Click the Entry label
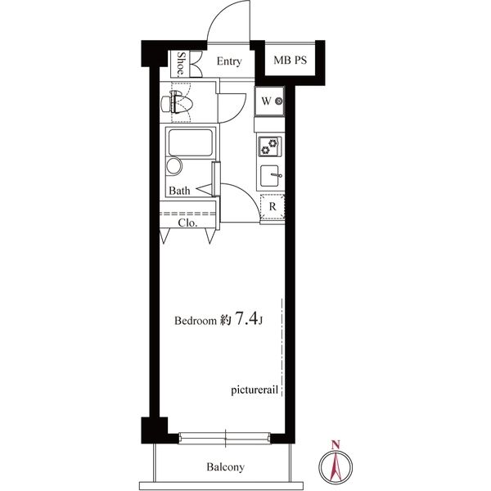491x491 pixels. coord(229,61)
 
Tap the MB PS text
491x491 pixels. coord(290,60)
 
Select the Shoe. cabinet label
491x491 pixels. coord(181,64)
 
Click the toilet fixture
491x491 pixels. coord(176,101)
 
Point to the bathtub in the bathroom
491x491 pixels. coord(191,142)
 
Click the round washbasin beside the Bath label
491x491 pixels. coord(174,166)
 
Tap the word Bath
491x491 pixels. coord(179,191)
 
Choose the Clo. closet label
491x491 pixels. coord(187,223)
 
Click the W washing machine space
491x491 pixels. coord(269,101)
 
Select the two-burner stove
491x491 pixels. coord(269,146)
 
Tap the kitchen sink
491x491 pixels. coord(270,175)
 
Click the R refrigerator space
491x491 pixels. coord(273,207)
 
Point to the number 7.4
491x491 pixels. coord(246,318)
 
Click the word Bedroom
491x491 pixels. coord(196,321)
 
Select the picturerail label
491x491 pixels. coord(255,390)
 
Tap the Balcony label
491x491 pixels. coord(225,467)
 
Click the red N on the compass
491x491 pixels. coord(336,444)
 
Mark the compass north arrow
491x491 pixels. coord(336,467)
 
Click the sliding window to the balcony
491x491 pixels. coord(224,438)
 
